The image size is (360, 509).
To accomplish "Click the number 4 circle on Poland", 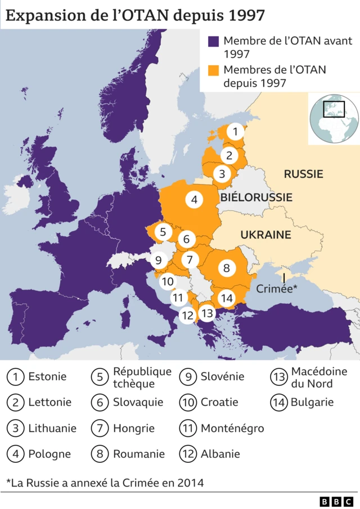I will point(194,199).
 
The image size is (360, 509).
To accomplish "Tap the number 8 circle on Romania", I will point(227,268).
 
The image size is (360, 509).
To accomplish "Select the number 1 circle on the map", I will point(236,132).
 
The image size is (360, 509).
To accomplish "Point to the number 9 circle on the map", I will point(158,260).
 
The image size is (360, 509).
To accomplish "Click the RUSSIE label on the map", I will point(303,174).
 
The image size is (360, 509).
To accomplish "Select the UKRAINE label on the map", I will point(265,235).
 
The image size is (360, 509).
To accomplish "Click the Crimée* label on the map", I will point(276,289).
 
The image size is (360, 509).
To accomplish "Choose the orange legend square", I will point(213,70).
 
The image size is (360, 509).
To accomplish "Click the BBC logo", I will point(336,501).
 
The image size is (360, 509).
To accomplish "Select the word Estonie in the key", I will point(47,376).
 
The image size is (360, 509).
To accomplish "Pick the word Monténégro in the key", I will point(232,428).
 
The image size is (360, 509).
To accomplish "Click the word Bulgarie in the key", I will point(312,402).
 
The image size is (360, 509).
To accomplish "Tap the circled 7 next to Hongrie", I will point(100,428).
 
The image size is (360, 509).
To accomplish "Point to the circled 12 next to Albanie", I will point(187,454).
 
